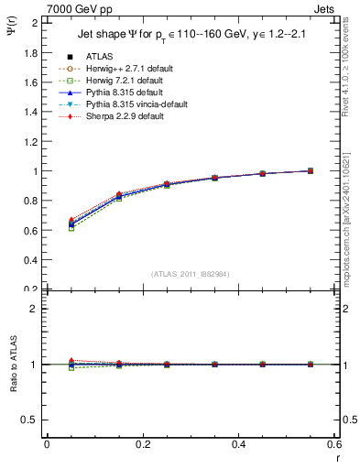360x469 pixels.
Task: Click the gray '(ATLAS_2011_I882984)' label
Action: pos(191,273)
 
